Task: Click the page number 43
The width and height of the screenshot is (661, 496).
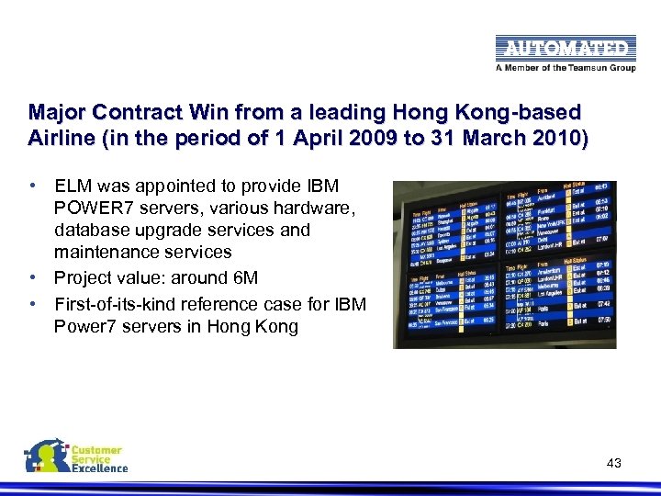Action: pyautogui.click(x=614, y=463)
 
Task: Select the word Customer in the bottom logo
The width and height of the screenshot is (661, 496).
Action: pyautogui.click(x=97, y=450)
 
